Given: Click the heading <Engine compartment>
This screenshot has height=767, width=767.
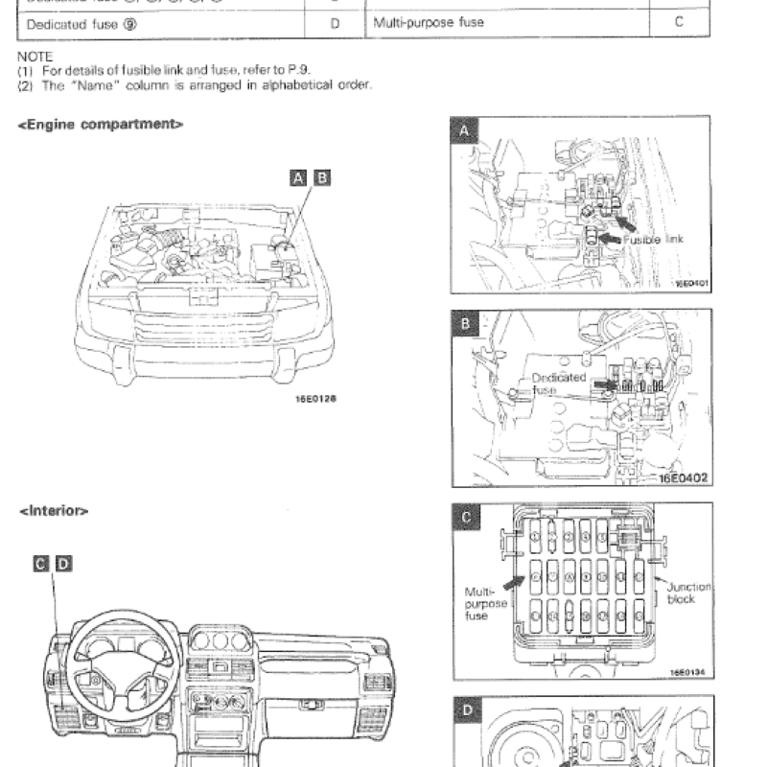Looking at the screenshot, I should click(101, 126).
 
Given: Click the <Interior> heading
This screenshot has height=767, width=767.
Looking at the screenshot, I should click(54, 511).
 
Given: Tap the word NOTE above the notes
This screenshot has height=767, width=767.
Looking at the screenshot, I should click(35, 57).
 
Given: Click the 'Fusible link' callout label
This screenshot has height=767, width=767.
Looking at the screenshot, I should click(655, 240).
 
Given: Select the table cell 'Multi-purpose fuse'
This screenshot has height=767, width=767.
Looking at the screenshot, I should click(428, 21).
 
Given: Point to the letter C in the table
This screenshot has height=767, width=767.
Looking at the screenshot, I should click(678, 21).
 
